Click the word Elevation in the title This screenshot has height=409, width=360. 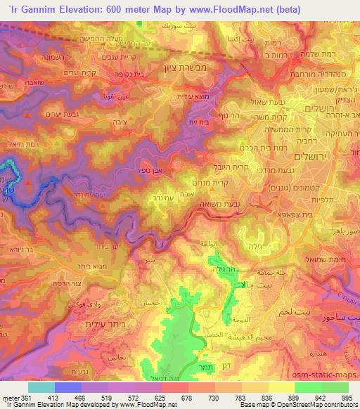[80, 9]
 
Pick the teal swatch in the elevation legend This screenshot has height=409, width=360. [41, 387]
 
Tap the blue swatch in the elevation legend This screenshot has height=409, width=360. [68, 387]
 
